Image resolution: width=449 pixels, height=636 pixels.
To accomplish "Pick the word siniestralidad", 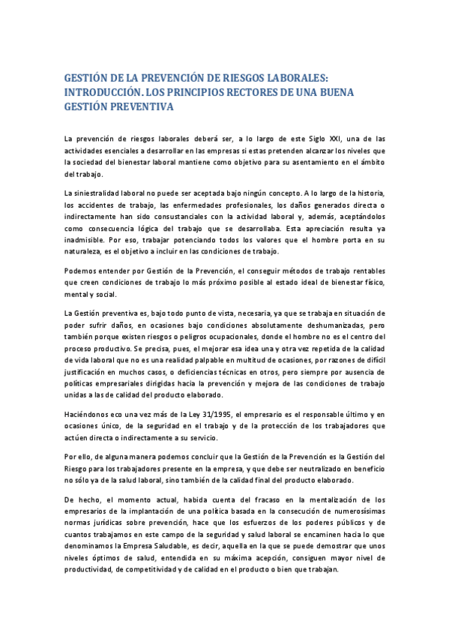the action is (x=98, y=193).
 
